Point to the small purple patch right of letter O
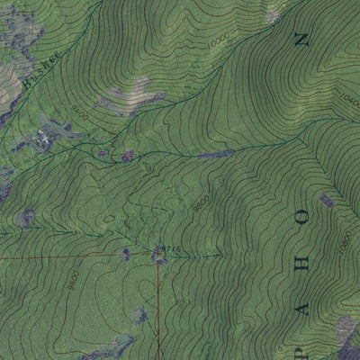point(326,200)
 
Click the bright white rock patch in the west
point(43,139)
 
